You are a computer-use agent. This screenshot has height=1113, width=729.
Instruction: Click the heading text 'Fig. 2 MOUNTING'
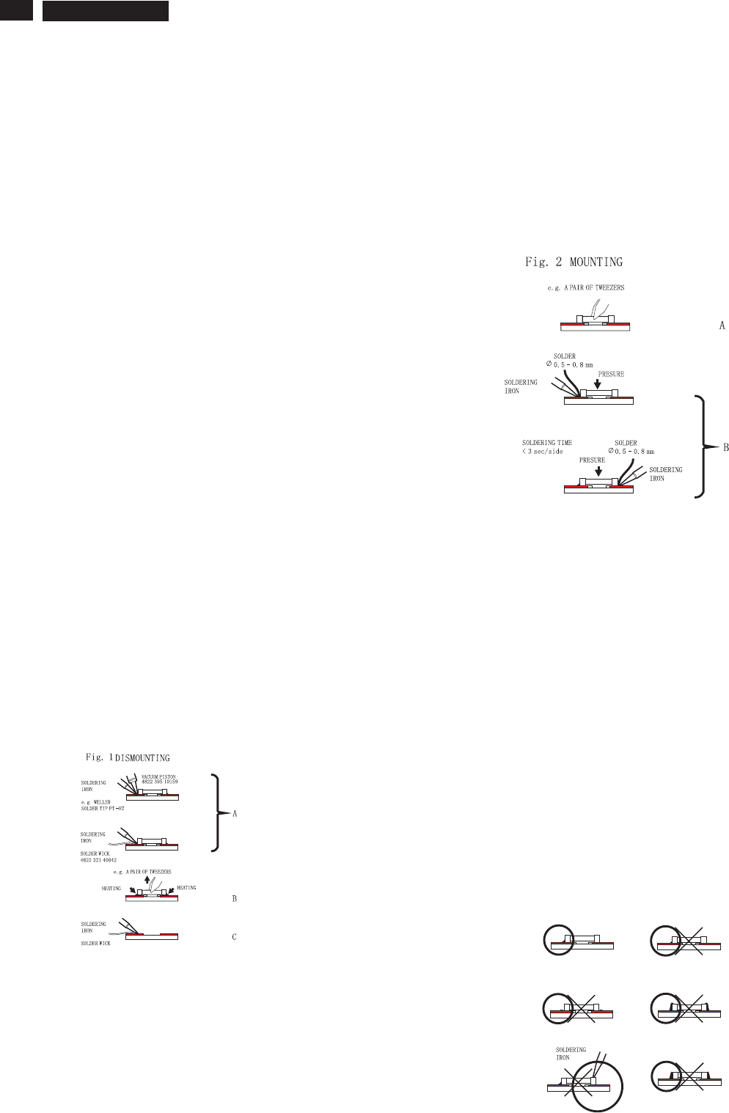[574, 262]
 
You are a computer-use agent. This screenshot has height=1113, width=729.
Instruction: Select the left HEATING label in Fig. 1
[111, 889]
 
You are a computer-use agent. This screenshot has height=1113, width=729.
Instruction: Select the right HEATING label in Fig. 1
[187, 888]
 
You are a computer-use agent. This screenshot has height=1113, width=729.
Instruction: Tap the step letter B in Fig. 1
[235, 899]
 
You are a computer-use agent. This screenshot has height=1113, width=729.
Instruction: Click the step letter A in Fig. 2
[722, 324]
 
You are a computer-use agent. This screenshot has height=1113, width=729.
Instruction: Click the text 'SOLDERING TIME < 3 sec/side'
[546, 447]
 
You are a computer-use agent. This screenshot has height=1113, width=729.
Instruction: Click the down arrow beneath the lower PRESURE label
[593, 470]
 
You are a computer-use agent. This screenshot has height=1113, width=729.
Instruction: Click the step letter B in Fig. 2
[725, 447]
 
